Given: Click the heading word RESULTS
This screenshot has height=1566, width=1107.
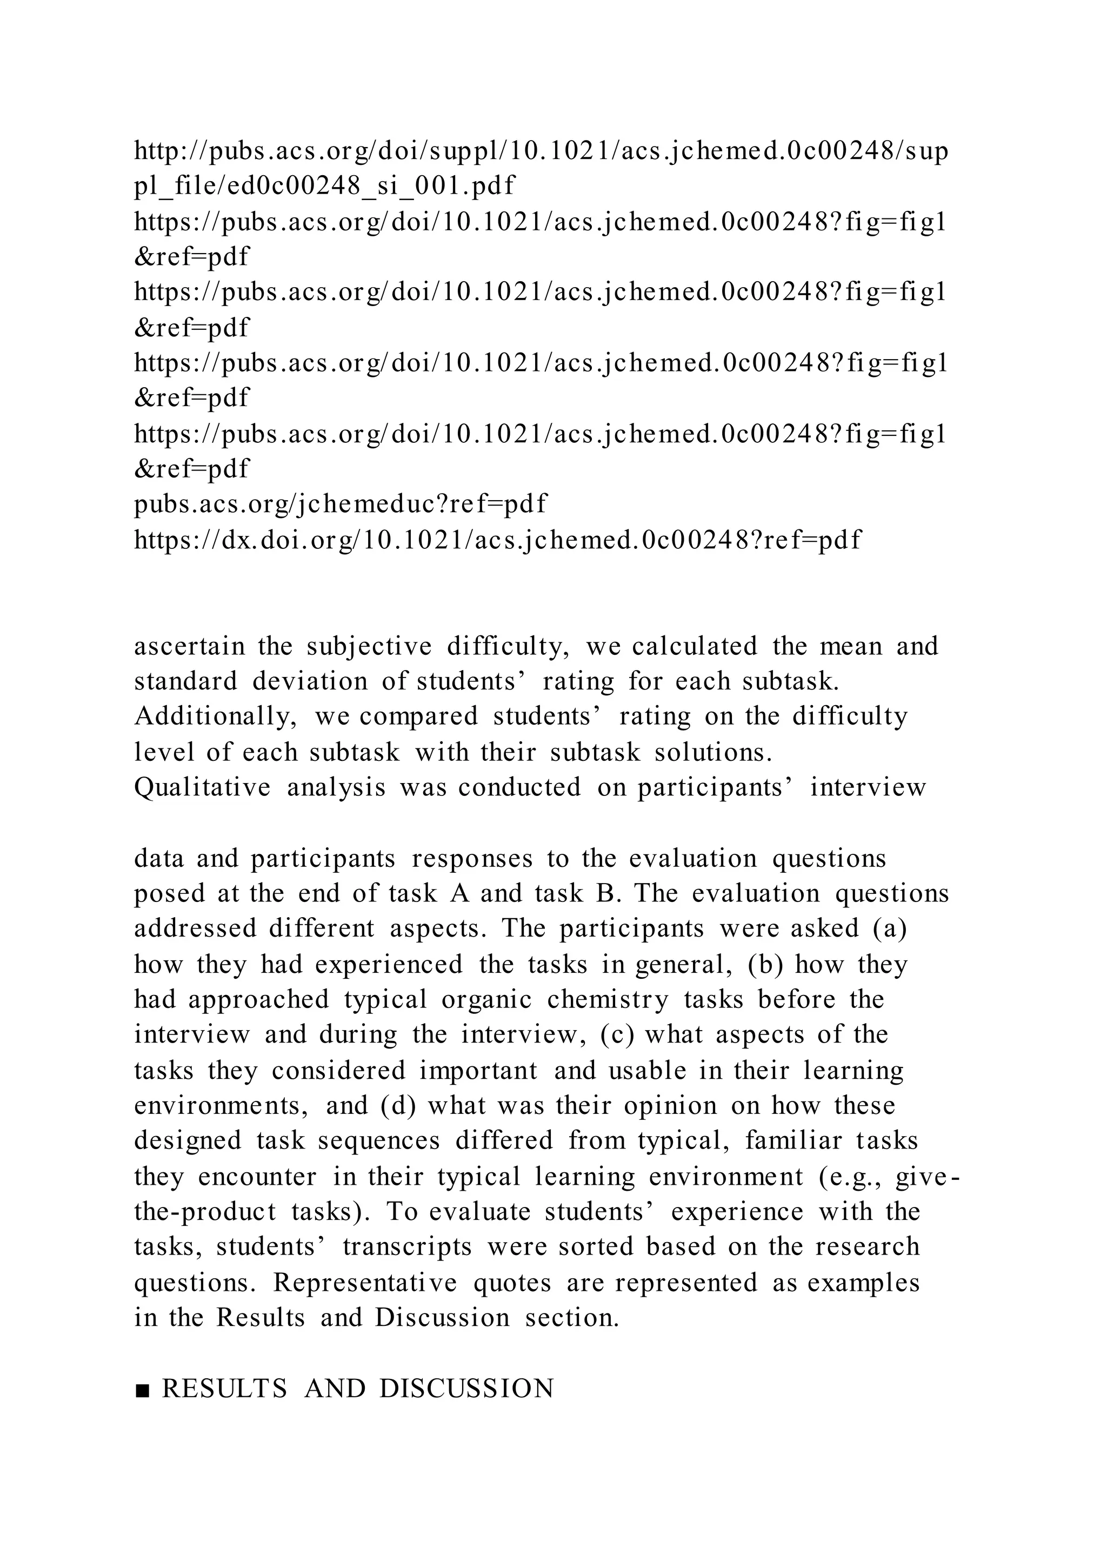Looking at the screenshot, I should click(x=224, y=1389).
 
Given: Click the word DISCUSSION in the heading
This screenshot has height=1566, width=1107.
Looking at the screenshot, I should click(x=466, y=1389).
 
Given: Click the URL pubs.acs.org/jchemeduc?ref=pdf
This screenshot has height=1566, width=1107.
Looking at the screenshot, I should click(x=340, y=504).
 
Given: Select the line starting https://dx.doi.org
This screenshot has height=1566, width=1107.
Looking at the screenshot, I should click(x=498, y=540).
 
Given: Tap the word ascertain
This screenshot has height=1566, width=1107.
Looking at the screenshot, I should click(x=189, y=646).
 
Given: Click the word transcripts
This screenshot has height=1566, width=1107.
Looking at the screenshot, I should click(x=407, y=1247).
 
